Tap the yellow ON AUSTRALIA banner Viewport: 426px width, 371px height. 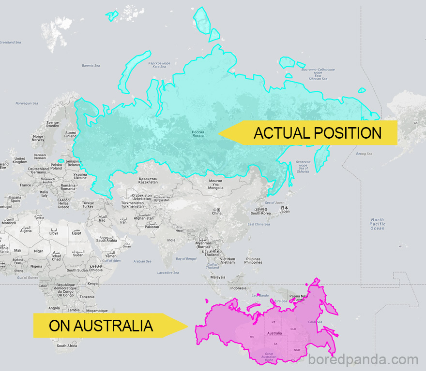[x=102, y=326]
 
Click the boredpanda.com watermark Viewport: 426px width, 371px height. [x=363, y=360]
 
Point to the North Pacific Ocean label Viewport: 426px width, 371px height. [x=377, y=224]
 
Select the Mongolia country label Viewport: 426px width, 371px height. [x=215, y=184]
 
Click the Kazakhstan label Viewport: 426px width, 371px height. [x=148, y=180]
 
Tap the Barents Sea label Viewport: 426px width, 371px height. [x=91, y=65]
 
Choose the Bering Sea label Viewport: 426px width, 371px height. [x=364, y=154]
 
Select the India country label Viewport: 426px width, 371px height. [x=171, y=240]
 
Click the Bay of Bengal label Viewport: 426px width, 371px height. [x=185, y=259]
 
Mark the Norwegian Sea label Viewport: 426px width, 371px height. [x=27, y=103]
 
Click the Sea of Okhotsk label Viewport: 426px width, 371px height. [x=303, y=167]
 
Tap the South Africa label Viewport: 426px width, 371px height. [x=66, y=345]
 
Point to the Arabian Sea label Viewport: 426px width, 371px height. [x=142, y=261]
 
